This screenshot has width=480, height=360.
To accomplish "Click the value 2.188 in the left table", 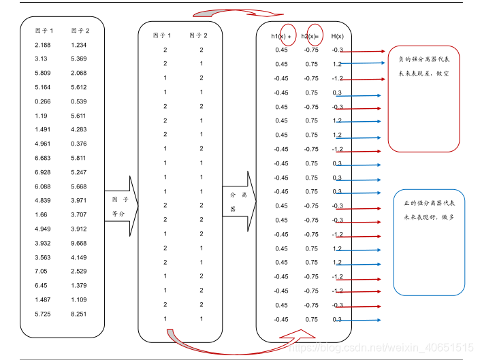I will point(42,45).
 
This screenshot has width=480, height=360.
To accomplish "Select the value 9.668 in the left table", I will point(80,243).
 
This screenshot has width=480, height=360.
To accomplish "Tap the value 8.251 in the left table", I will point(80,314).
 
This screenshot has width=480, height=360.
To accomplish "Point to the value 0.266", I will point(42,101).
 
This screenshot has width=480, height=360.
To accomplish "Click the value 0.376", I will point(80,144).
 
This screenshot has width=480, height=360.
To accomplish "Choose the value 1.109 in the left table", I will point(80,299).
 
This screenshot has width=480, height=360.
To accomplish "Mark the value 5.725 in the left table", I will point(42,314).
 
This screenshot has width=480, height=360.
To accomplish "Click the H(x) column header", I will point(338,36).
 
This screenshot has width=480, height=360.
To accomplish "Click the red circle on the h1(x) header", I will point(289,36).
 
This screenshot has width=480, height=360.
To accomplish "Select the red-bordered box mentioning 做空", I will point(424,99).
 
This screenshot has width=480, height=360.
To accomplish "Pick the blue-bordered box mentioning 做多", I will point(429,242).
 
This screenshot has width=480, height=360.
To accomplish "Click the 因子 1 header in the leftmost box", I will point(44,31).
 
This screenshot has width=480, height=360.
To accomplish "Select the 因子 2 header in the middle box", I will point(199,35).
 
